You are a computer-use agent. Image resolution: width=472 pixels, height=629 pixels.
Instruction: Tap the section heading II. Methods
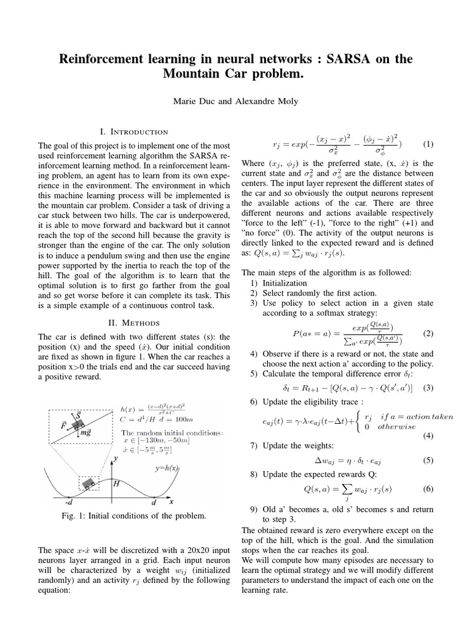[x=133, y=322]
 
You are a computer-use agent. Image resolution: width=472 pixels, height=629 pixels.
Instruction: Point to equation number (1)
[x=428, y=144]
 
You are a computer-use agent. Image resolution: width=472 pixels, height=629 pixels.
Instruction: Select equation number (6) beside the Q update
[x=428, y=489]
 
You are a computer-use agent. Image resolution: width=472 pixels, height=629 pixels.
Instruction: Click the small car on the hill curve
[x=91, y=483]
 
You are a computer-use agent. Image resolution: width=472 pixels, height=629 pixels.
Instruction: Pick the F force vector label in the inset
[x=63, y=424]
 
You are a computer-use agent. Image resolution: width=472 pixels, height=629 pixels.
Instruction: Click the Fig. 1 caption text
[x=133, y=516]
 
